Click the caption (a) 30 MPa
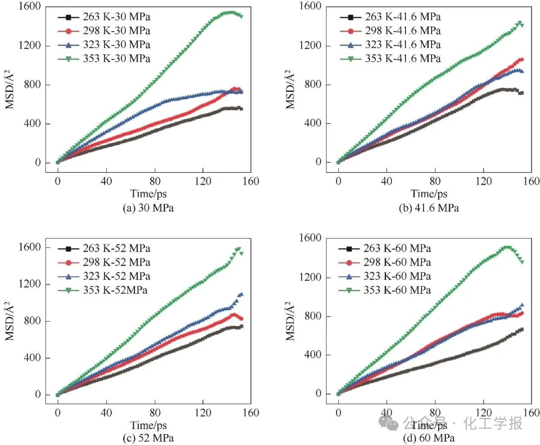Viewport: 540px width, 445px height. pos(148,208)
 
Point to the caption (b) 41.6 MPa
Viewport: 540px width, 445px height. pos(429,208)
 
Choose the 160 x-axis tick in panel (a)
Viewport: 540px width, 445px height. pos(250,180)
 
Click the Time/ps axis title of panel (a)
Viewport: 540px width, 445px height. pos(148,194)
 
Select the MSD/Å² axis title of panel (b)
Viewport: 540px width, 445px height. pos(289,90)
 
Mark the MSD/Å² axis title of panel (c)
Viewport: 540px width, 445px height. pos(9,321)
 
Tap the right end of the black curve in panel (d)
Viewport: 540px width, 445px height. pos(522,329)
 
